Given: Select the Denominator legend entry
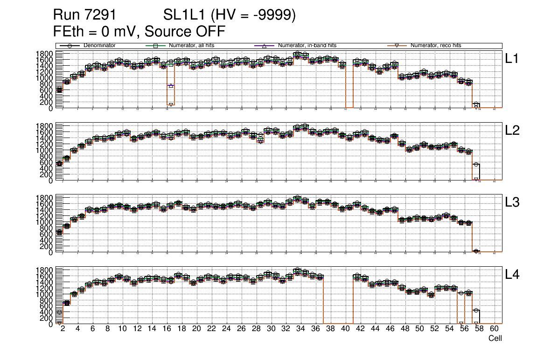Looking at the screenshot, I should [x=99, y=46].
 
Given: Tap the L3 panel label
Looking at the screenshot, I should [x=512, y=202].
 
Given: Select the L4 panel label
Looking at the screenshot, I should [x=512, y=275].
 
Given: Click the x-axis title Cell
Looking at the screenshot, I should [x=495, y=339].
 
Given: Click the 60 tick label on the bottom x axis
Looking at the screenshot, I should [x=494, y=329].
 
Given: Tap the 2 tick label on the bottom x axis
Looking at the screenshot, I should [x=63, y=329].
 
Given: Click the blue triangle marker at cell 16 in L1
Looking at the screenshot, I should [x=171, y=85].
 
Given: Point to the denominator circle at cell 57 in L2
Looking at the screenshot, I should [x=476, y=164].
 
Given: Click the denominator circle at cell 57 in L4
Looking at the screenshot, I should [x=476, y=310].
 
